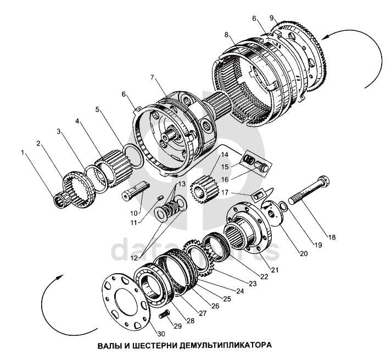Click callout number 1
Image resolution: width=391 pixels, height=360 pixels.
(x=23, y=152)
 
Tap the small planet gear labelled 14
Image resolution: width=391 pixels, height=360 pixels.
(x=201, y=190)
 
